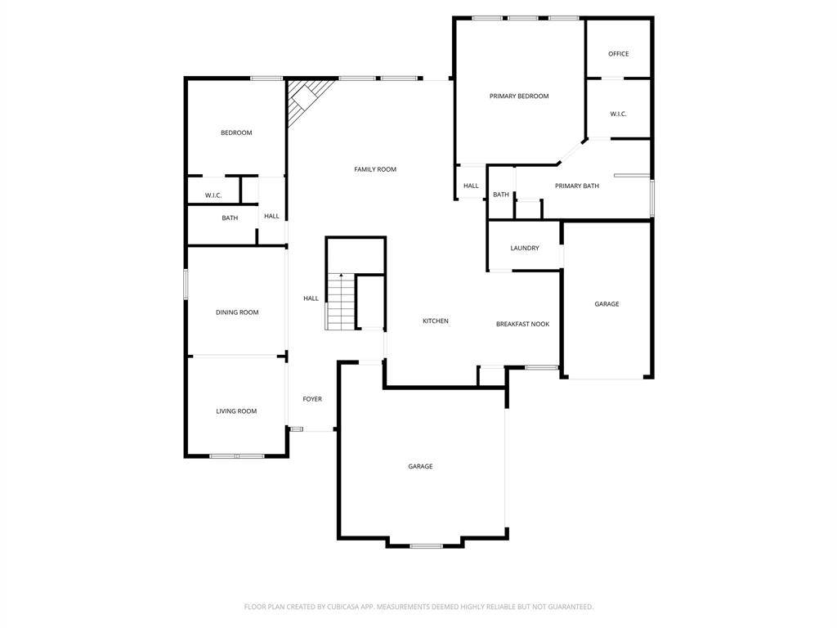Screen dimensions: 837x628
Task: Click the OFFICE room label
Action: pyautogui.click(x=618, y=54)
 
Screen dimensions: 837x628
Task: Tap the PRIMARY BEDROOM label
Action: pyautogui.click(x=519, y=96)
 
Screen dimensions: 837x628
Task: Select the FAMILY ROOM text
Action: pyautogui.click(x=375, y=169)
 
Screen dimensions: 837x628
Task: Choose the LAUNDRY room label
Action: pyautogui.click(x=525, y=249)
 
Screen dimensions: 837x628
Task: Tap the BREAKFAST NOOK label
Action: pyautogui.click(x=522, y=324)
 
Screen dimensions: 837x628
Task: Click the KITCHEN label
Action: pyautogui.click(x=436, y=321)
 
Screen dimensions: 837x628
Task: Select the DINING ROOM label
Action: pyautogui.click(x=237, y=312)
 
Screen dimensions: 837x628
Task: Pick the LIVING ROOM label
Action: pyautogui.click(x=236, y=411)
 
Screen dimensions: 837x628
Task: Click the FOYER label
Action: pyautogui.click(x=312, y=399)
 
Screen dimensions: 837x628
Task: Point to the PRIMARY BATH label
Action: pyautogui.click(x=577, y=186)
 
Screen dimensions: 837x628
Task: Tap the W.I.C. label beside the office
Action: pyautogui.click(x=618, y=114)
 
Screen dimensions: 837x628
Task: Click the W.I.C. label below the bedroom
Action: pyautogui.click(x=213, y=195)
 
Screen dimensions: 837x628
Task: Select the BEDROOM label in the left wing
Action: pyautogui.click(x=236, y=132)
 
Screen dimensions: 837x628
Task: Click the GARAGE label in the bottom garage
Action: pyautogui.click(x=421, y=466)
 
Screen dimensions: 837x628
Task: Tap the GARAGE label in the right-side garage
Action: pyautogui.click(x=607, y=304)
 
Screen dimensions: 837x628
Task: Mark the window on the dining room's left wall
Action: pyautogui.click(x=186, y=284)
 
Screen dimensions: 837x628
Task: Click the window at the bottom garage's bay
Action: pyautogui.click(x=427, y=545)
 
